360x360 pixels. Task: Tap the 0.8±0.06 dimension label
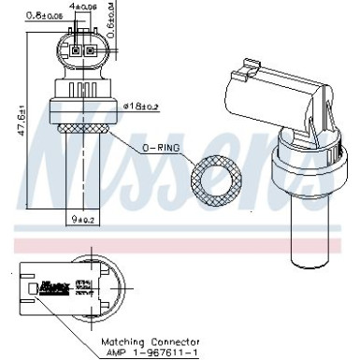point(44,15)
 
